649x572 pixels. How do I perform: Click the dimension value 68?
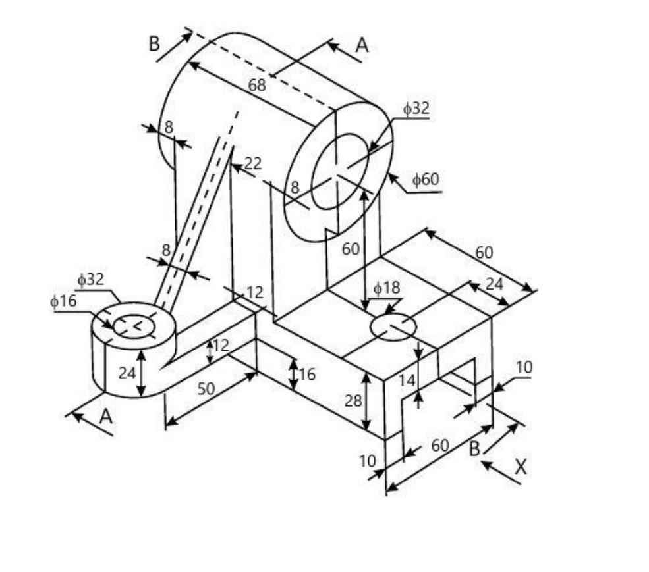(258, 84)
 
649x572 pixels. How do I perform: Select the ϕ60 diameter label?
(425, 179)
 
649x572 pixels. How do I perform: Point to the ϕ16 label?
(63, 301)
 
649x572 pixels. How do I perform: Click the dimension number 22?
(253, 163)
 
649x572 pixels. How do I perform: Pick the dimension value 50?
(206, 388)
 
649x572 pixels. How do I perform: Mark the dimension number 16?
(307, 375)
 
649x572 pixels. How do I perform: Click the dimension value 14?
(407, 380)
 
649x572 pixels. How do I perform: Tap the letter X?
(521, 467)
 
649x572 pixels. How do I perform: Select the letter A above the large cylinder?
(362, 45)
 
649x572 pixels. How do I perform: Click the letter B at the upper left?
(154, 44)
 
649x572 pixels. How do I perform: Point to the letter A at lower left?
(105, 416)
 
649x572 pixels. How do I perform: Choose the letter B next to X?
(474, 450)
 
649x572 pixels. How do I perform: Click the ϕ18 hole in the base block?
(393, 327)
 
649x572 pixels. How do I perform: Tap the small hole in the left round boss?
(134, 325)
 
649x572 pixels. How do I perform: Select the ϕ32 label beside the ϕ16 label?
(90, 279)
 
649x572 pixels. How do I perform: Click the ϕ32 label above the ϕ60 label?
(416, 109)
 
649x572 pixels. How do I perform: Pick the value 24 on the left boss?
(127, 373)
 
